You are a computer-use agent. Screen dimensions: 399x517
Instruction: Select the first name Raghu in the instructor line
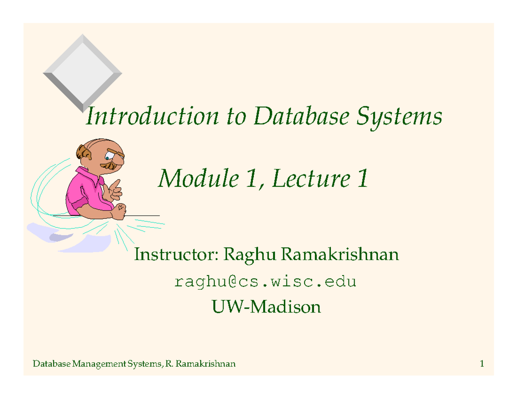pos(248,255)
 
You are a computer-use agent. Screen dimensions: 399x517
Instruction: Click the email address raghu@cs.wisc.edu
pos(265,282)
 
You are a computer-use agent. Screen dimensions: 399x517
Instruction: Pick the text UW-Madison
pos(266,307)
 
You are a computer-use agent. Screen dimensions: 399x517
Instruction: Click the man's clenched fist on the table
pos(120,210)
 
